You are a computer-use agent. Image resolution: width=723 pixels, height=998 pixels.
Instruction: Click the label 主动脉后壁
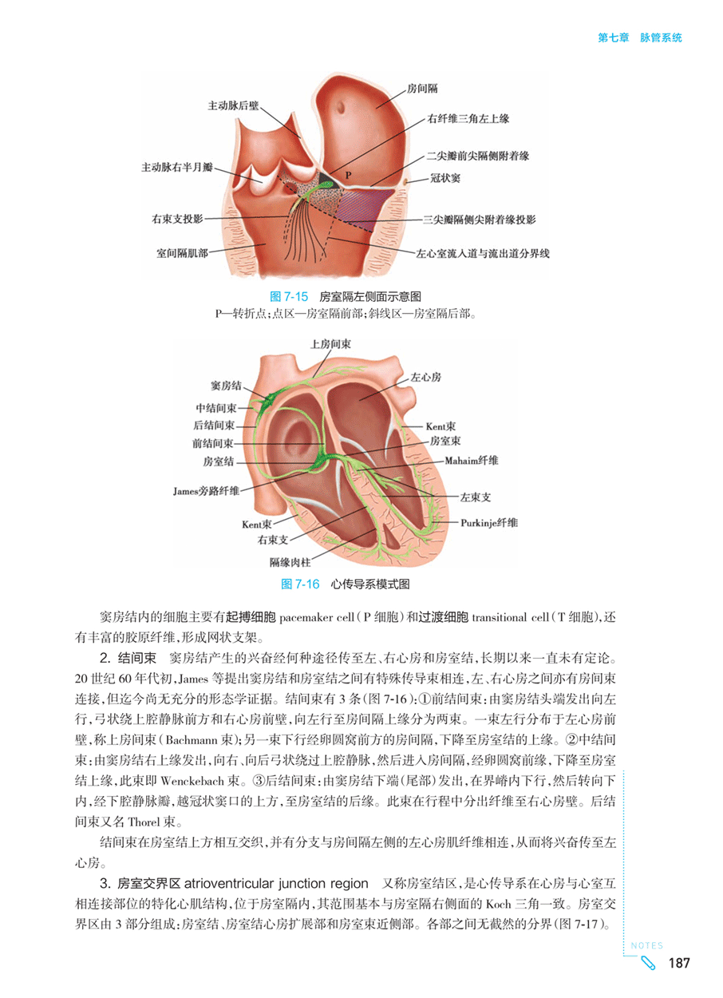click(x=233, y=105)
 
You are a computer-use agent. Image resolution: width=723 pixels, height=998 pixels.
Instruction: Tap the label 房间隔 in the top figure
click(x=422, y=89)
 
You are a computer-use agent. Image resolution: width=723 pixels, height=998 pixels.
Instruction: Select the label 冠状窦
click(x=444, y=178)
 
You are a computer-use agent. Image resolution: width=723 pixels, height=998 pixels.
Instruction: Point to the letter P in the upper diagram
click(x=348, y=175)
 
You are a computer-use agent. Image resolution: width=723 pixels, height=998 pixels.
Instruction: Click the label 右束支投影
click(x=177, y=219)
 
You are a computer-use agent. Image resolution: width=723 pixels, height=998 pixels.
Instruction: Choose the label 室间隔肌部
click(x=182, y=253)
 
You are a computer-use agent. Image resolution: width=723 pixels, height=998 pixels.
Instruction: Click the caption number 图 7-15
click(x=289, y=296)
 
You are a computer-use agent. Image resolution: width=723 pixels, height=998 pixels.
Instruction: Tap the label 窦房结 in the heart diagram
click(x=226, y=386)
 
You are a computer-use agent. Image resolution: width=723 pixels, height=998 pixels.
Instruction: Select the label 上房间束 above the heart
click(x=330, y=344)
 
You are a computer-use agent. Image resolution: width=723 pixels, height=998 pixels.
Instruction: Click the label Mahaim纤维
click(x=472, y=460)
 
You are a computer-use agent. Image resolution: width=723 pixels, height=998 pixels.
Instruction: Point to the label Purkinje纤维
click(x=489, y=523)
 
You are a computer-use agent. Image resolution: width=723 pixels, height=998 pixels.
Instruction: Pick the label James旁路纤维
click(x=206, y=491)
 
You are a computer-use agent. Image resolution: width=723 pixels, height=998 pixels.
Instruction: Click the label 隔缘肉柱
click(x=290, y=562)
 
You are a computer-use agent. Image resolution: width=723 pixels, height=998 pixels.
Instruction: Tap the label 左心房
click(x=425, y=378)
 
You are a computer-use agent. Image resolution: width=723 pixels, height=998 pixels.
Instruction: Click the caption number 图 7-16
click(x=300, y=584)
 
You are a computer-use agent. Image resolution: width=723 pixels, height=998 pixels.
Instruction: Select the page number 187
click(x=679, y=963)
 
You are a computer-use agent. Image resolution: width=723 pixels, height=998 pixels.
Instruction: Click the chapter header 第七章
click(x=614, y=38)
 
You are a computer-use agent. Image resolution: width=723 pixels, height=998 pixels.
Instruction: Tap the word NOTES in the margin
click(x=647, y=945)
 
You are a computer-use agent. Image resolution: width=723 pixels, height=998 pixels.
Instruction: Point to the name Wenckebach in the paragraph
click(x=192, y=781)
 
